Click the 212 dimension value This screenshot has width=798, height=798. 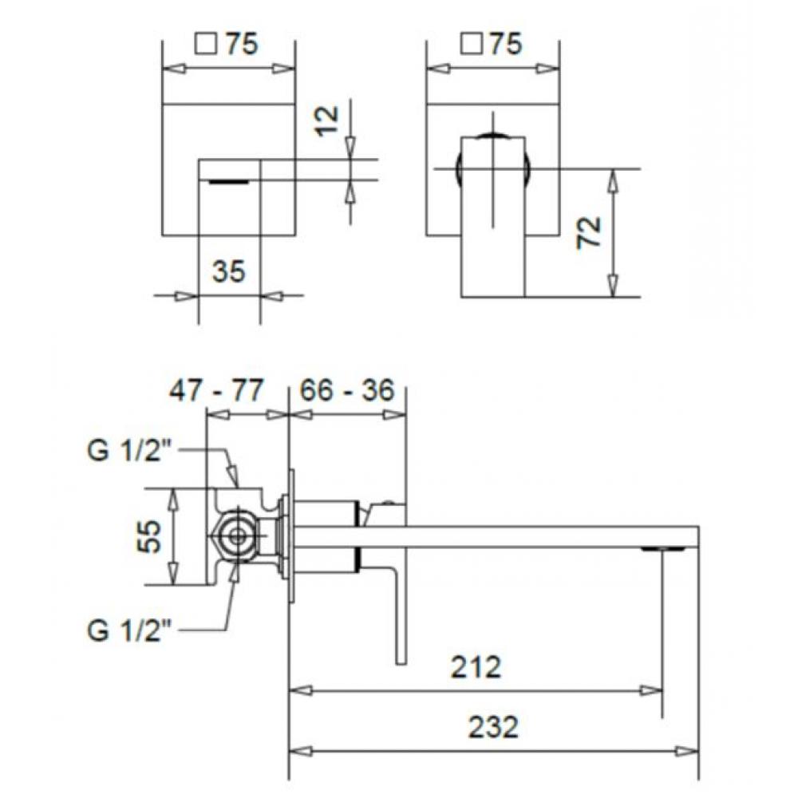[476, 666]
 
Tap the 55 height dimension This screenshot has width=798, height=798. [151, 536]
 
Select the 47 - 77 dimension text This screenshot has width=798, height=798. [216, 391]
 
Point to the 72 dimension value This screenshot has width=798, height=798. [589, 233]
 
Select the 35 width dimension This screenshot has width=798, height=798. [228, 272]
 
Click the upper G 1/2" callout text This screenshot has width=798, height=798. [131, 451]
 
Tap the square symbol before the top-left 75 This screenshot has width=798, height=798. [204, 45]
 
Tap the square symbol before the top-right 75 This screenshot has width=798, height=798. [470, 45]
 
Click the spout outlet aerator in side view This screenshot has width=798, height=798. [664, 548]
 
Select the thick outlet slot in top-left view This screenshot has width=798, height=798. [229, 181]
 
